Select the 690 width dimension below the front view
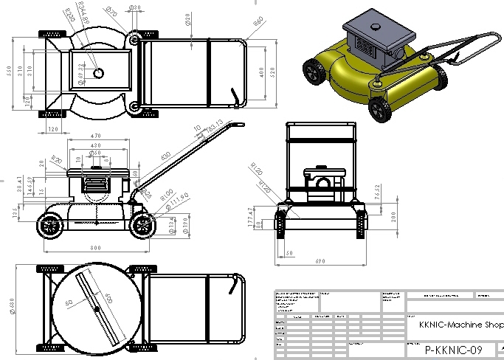[320, 261]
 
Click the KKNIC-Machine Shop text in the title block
[461, 325]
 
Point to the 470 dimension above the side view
[95, 136]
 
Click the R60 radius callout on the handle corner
[258, 21]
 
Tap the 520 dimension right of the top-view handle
[272, 72]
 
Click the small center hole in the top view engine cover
[99, 72]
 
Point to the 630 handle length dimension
[165, 156]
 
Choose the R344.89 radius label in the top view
[83, 14]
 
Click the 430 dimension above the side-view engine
[95, 146]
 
